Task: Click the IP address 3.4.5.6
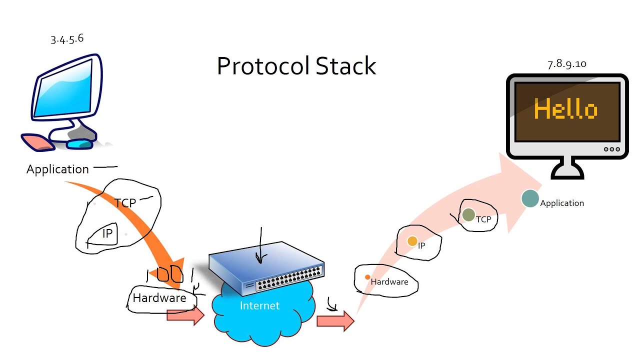tap(67, 39)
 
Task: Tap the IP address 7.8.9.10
tap(567, 63)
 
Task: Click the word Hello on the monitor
tap(565, 109)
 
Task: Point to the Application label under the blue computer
tap(57, 169)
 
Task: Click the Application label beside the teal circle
tap(562, 203)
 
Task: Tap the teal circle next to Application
tap(530, 198)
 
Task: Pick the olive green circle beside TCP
tap(468, 215)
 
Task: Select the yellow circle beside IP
tap(412, 241)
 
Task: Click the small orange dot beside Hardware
tap(367, 277)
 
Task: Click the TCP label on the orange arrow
tap(125, 203)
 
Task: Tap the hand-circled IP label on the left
tap(107, 233)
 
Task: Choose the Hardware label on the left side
tap(159, 298)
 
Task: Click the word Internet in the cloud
tap(259, 305)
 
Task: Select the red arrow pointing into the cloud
tap(185, 315)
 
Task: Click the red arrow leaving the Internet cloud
tap(335, 321)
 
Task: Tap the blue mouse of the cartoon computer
tap(80, 144)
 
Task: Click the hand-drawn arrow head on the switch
tap(260, 258)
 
